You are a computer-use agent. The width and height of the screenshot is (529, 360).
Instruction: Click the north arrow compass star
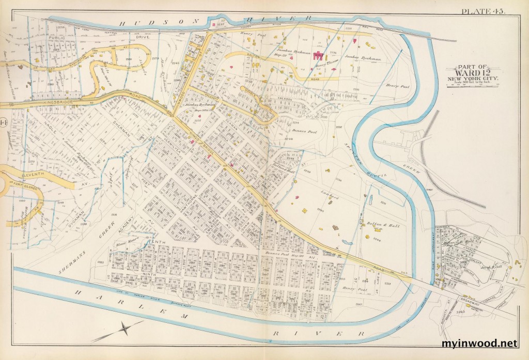(126, 328)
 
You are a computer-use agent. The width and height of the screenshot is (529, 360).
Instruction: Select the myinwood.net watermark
(479, 343)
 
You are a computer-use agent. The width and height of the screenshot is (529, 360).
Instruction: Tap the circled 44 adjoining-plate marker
(4, 122)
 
